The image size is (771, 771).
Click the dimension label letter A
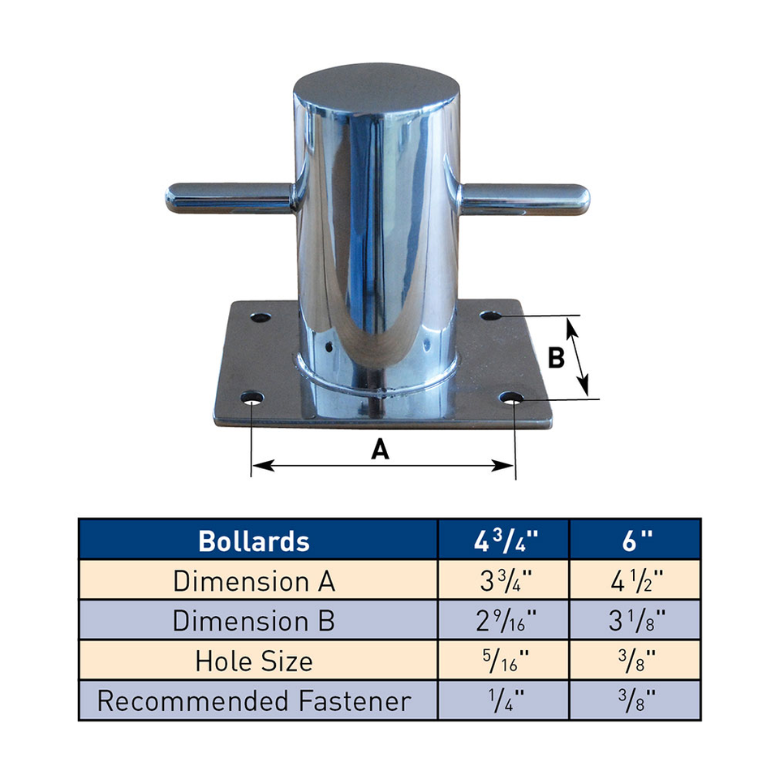(380, 448)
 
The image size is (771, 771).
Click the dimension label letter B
(556, 358)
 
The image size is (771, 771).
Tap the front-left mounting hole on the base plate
(253, 400)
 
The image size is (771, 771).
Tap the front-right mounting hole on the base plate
(511, 399)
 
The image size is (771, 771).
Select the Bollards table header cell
(254, 541)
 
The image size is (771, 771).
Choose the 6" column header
(635, 541)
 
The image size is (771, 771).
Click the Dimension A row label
(254, 580)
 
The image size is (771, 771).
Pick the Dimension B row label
(254, 620)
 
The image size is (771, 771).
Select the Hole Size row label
(254, 660)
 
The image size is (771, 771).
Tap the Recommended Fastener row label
(254, 700)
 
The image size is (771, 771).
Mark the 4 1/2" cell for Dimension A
(635, 580)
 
